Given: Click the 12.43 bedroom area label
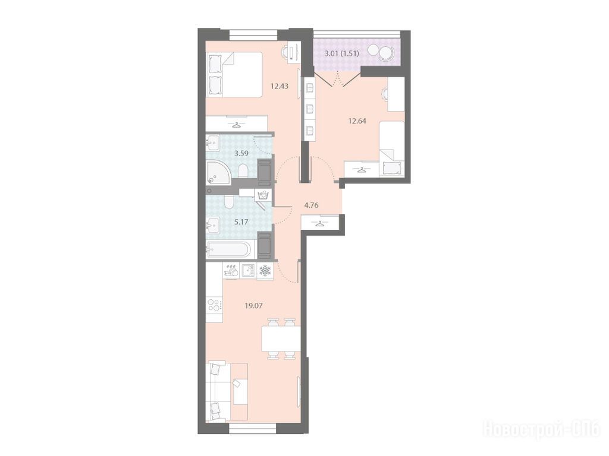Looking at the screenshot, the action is [x=280, y=86].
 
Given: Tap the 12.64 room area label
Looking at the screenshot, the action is [x=357, y=121].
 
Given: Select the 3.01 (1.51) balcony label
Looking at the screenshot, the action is [x=342, y=53].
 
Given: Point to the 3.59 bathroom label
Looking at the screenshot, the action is [x=241, y=153].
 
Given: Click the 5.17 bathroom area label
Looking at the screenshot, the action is [x=241, y=222].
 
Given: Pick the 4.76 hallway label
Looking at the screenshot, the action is [x=312, y=205].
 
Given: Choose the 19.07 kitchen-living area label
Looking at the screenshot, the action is [x=253, y=306].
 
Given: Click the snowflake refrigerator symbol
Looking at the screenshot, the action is [x=265, y=271].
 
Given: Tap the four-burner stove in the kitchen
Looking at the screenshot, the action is [x=214, y=305].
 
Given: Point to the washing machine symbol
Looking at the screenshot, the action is [x=263, y=194].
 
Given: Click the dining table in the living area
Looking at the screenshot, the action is [x=281, y=338].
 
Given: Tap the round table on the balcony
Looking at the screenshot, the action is [x=375, y=50].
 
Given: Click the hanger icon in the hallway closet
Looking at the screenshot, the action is [x=319, y=224].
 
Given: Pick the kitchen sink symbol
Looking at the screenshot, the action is [x=248, y=270].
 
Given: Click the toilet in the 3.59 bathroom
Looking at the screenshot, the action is [x=243, y=170].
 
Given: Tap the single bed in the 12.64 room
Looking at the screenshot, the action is [x=392, y=148].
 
